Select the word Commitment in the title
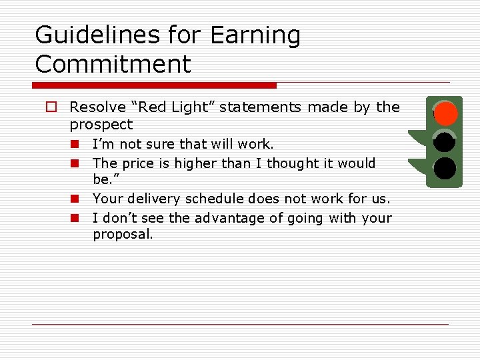[x=113, y=65]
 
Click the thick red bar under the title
[x=154, y=85]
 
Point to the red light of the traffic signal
[x=445, y=114]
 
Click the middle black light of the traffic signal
[x=445, y=141]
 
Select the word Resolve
[x=97, y=107]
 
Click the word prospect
[x=101, y=125]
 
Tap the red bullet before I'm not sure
[x=76, y=144]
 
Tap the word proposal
[x=122, y=235]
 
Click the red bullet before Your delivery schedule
[x=76, y=199]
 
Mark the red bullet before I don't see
[x=76, y=218]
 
